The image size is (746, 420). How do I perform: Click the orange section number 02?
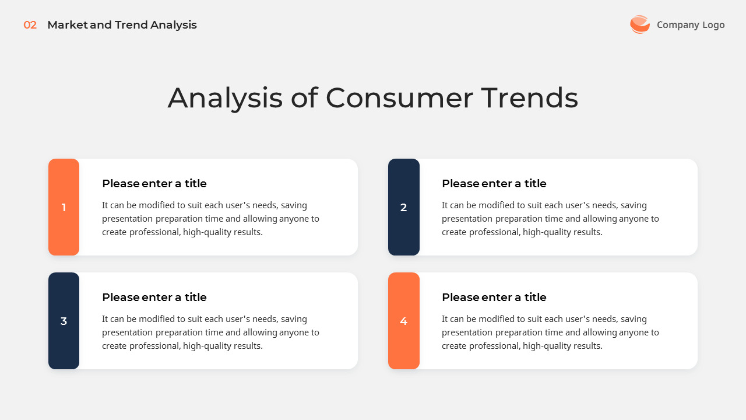tap(30, 25)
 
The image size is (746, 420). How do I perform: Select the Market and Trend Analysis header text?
tap(122, 25)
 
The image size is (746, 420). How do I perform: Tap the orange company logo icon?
tap(639, 24)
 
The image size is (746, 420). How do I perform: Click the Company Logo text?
tap(691, 24)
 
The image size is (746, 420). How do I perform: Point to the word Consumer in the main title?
tap(399, 98)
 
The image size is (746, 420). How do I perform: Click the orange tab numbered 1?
tap(64, 207)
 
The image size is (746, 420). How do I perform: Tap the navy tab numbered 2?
tap(403, 207)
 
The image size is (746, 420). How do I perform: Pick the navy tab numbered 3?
tap(64, 321)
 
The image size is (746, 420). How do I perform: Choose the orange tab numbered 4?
tap(403, 321)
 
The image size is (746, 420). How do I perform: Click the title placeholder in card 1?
tap(154, 184)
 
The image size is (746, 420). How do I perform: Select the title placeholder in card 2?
tap(494, 184)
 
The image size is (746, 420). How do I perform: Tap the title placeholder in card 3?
tap(154, 297)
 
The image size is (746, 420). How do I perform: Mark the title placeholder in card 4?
tap(494, 297)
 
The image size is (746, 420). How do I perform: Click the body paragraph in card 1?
tap(210, 219)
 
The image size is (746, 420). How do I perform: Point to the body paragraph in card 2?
tap(550, 219)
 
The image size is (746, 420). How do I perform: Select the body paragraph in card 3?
tap(210, 332)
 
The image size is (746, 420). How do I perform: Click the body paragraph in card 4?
tap(550, 332)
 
